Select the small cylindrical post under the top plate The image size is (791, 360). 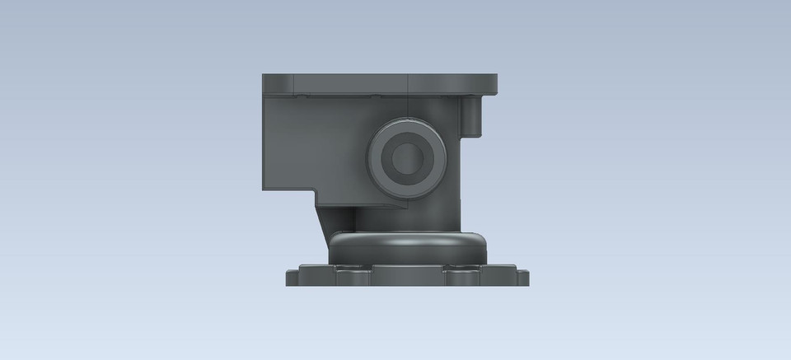click(x=473, y=115)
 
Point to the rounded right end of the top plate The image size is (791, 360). click(x=492, y=84)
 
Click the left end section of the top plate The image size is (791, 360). click(x=278, y=83)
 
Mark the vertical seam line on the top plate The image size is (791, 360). click(x=409, y=83)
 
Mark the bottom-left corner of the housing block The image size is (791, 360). click(x=265, y=188)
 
